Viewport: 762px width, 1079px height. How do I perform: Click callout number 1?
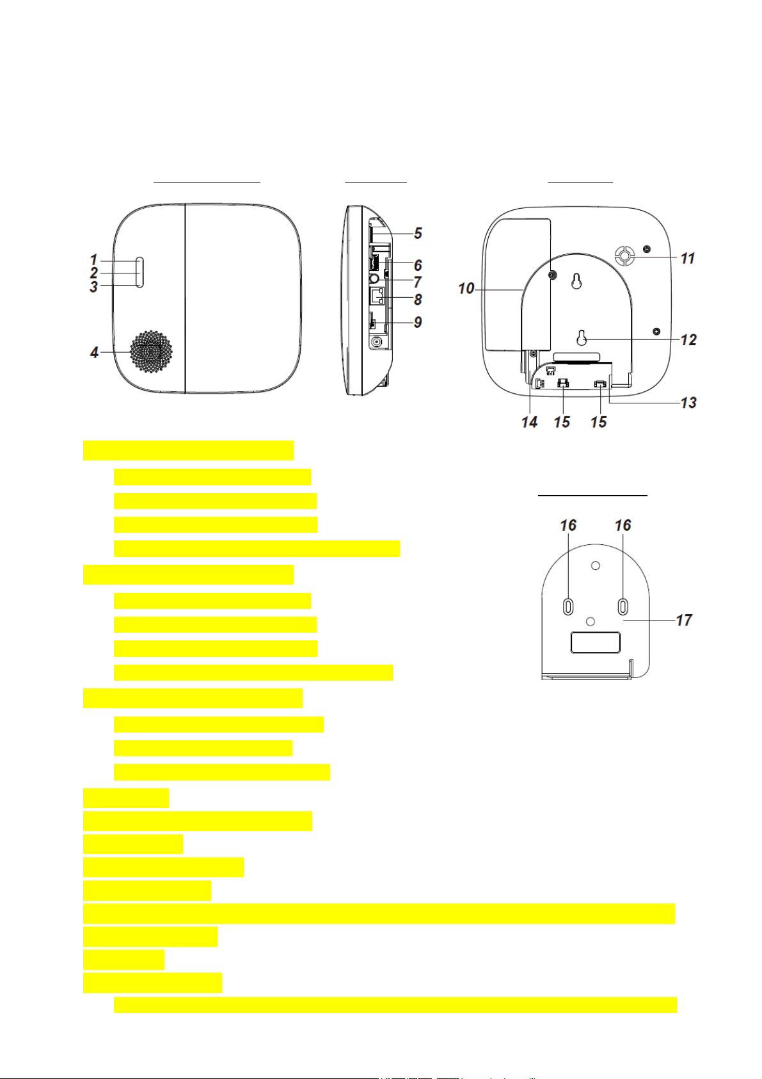pos(94,260)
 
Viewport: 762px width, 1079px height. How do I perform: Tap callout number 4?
pos(94,353)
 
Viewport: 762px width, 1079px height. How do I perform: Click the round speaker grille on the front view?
pos(151,351)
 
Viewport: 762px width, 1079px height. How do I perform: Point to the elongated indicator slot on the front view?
pos(139,272)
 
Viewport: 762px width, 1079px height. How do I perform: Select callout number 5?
pos(418,233)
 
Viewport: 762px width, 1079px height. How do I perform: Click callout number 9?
pos(418,321)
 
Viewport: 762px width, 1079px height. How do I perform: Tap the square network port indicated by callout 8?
pos(377,296)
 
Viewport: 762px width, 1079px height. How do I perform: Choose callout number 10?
pos(466,289)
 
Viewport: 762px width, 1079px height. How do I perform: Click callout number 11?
pos(687,258)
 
